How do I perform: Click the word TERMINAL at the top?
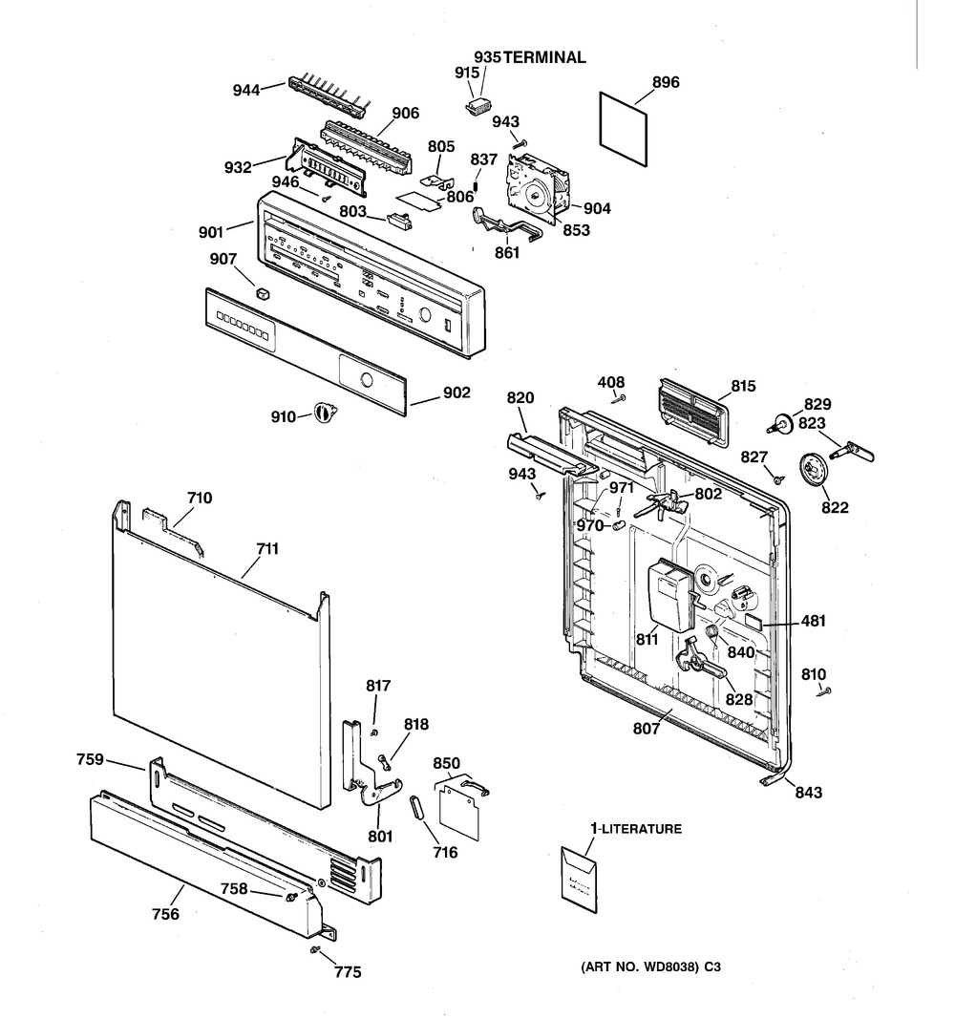click(x=544, y=57)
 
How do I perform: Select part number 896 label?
click(x=666, y=82)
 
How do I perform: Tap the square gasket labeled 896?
click(x=624, y=129)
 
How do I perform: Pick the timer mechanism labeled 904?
click(x=538, y=187)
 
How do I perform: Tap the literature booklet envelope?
click(x=579, y=879)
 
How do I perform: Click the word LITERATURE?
click(x=640, y=829)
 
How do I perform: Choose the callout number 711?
click(x=267, y=549)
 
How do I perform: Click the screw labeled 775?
click(x=316, y=950)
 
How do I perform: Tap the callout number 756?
click(x=165, y=914)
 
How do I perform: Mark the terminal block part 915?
click(x=480, y=105)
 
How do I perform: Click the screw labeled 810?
click(x=825, y=692)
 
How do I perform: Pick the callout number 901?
click(x=211, y=232)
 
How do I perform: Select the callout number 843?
click(x=809, y=793)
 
